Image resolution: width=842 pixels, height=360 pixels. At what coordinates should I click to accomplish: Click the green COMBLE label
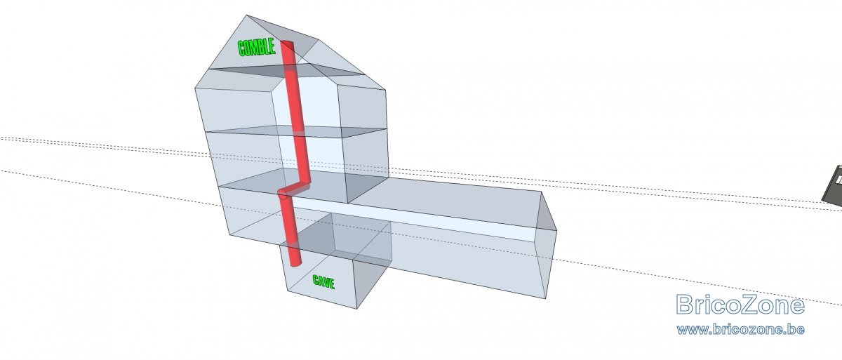[x=257, y=48]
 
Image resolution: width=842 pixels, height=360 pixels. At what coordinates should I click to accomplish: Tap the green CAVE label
[x=323, y=281]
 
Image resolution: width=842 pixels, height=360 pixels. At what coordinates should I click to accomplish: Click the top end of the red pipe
[x=288, y=44]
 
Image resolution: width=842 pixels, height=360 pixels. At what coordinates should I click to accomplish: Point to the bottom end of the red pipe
[x=297, y=263]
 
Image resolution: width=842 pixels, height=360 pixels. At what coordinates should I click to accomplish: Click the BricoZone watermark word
[x=740, y=305]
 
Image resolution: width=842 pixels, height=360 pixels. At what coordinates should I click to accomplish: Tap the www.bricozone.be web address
[x=740, y=330]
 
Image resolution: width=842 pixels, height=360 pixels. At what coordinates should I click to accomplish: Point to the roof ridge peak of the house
[x=246, y=15]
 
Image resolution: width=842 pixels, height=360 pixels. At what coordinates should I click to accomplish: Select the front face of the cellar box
[x=322, y=277]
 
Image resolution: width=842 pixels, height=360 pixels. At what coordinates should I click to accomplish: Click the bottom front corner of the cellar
[x=356, y=309]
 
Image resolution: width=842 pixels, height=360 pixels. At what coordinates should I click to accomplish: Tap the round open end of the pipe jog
[x=282, y=194]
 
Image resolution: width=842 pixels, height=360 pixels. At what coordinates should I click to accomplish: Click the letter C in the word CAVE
[x=316, y=279]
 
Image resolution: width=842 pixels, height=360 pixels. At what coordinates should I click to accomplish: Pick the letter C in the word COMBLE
[x=241, y=49]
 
